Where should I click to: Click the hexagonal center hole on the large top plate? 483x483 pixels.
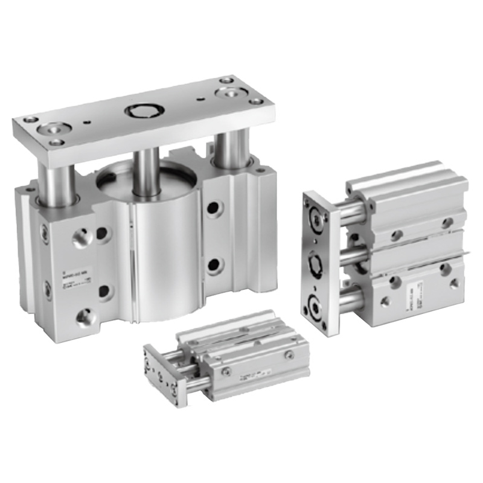tap(142, 112)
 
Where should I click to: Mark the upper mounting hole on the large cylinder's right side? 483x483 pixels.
tap(213, 208)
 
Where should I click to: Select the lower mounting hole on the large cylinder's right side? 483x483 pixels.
tap(213, 265)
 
